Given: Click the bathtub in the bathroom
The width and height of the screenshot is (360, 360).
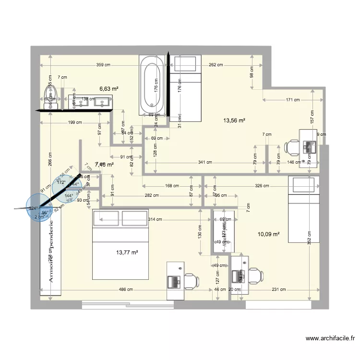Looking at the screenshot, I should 152,85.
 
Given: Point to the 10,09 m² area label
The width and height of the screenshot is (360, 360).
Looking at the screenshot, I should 269,234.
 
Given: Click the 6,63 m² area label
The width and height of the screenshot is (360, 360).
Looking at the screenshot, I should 109,89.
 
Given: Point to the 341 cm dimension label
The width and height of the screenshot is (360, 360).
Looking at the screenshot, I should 205,162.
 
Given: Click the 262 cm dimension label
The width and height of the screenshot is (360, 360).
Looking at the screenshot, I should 215,64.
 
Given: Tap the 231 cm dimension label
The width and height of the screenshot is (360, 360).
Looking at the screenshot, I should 278,289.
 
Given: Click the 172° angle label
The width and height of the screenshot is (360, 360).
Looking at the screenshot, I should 61,183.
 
